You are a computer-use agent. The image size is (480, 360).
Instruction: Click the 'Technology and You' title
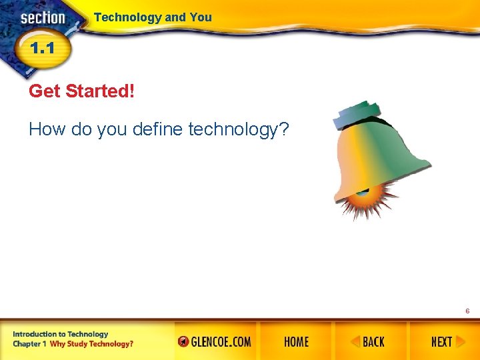click(153, 17)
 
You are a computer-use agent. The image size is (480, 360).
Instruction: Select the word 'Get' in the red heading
click(45, 91)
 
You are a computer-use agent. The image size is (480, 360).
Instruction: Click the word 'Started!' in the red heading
click(99, 91)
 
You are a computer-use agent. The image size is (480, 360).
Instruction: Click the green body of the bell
click(400, 153)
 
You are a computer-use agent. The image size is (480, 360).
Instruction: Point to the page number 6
click(467, 311)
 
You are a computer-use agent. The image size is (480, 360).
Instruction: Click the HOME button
click(296, 342)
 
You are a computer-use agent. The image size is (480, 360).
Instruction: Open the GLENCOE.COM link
click(215, 342)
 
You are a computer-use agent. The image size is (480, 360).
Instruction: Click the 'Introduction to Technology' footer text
click(60, 334)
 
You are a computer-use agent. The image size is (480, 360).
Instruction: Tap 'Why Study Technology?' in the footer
click(92, 344)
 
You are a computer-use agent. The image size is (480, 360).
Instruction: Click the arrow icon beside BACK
click(356, 342)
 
